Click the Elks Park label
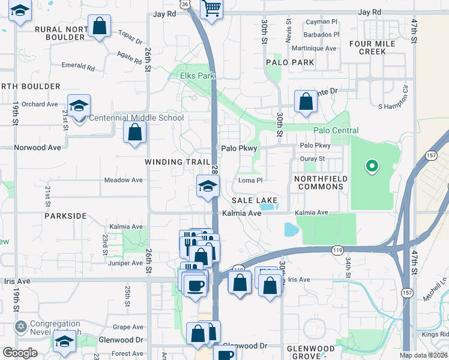point(197,76)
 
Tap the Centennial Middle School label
point(136,118)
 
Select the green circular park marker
point(372,166)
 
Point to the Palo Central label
point(336,130)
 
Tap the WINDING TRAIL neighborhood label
point(178,162)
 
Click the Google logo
point(20,352)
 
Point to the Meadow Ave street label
point(124,180)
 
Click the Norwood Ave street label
point(38,147)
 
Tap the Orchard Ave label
point(40,104)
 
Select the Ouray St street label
point(312,159)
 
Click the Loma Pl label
point(251,180)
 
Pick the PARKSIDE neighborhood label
point(65,215)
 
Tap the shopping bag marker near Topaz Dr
point(100,26)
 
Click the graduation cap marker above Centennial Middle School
point(79,106)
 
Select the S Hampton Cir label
point(393,106)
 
